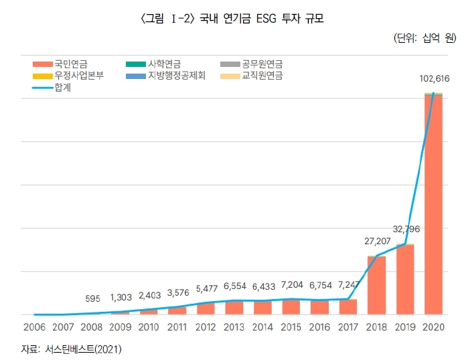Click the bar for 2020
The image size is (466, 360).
(x=434, y=204)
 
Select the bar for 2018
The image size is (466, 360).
(x=376, y=285)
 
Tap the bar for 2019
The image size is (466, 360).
(x=405, y=279)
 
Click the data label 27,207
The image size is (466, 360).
(x=375, y=240)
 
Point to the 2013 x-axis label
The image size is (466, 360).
(x=234, y=327)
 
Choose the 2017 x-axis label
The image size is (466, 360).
(x=348, y=327)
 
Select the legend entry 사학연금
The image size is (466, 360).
(x=165, y=64)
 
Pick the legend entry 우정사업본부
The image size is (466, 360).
(x=75, y=76)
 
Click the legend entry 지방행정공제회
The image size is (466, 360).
(x=171, y=76)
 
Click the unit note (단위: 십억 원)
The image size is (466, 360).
(x=423, y=38)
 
